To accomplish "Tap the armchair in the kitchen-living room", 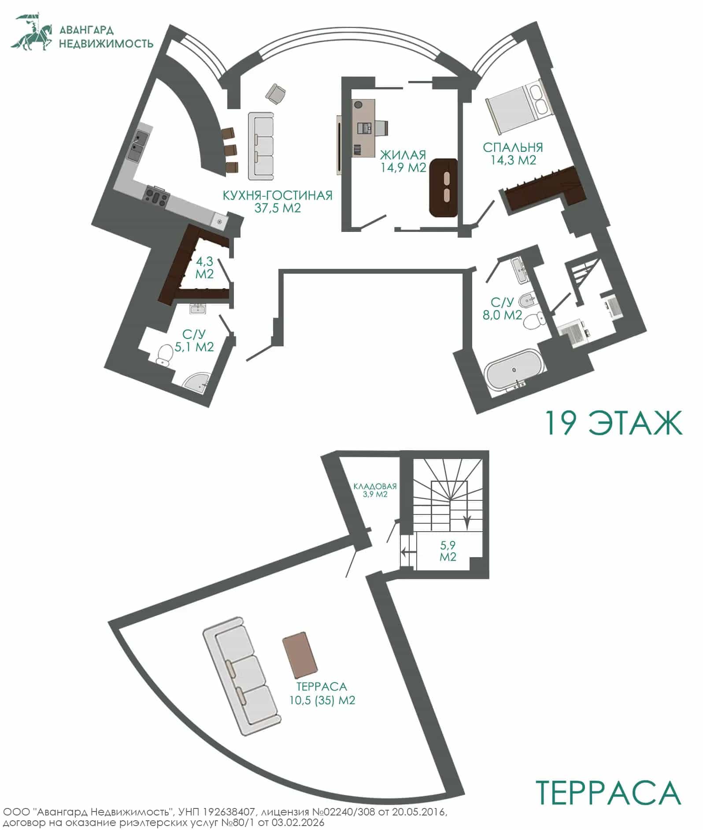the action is pos(276,93).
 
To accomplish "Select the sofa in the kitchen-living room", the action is pos(261,146).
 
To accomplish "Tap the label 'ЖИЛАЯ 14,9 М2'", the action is pos(403,161).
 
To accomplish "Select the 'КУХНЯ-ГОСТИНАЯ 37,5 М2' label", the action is pos(277,202).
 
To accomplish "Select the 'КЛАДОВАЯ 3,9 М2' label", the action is pos(375,490).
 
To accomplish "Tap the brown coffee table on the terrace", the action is pos(300,656).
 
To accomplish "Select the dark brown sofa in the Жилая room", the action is pos(444,188).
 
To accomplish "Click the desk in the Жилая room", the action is pos(364,128).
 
